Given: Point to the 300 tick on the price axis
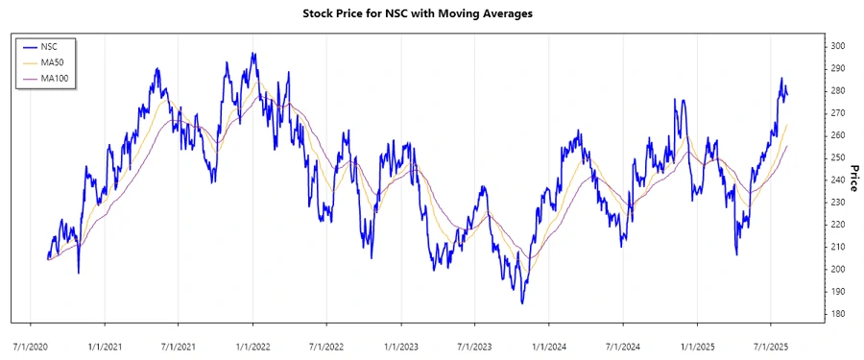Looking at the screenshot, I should click(837, 46).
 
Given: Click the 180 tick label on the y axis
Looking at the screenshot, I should click(837, 314).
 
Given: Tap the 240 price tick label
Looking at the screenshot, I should click(837, 180).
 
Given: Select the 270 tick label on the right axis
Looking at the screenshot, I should click(837, 113).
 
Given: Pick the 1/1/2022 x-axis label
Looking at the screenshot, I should click(252, 341).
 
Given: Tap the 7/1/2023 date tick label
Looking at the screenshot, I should click(474, 341).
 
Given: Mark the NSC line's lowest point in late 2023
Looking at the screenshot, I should click(522, 303).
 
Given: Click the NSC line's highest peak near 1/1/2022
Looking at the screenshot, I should click(253, 54).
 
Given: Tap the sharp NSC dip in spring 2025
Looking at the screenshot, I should click(736, 254).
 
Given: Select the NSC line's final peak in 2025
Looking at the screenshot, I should click(781, 78).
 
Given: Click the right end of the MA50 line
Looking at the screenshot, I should click(787, 125).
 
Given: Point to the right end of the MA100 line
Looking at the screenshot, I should click(787, 146).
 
